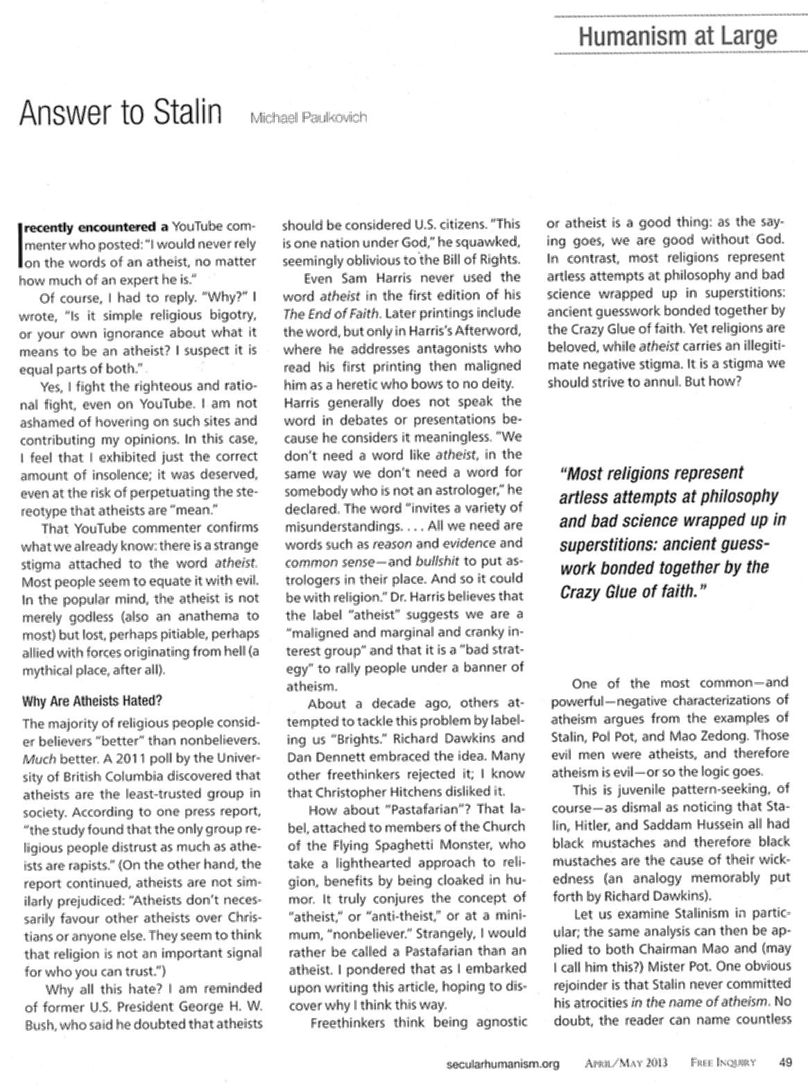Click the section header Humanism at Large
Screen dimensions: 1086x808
678,35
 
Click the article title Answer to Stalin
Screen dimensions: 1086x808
120,114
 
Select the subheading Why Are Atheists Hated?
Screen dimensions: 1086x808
93,700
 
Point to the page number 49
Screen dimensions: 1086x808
785,1062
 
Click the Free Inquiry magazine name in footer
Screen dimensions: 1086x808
722,1062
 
